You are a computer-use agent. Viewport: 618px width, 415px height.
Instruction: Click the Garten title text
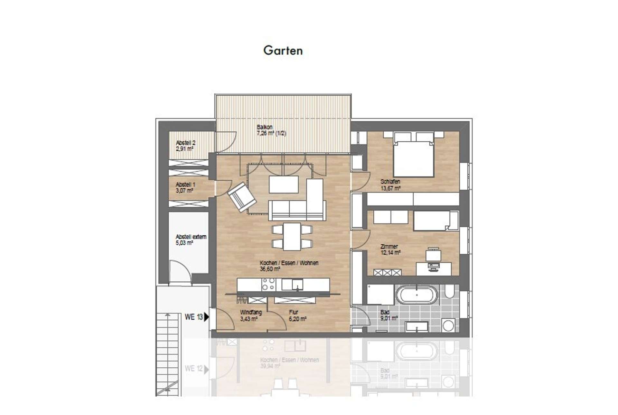point(283,51)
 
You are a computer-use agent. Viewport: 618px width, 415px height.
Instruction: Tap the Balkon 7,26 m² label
point(271,130)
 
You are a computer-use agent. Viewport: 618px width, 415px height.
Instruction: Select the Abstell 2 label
point(185,146)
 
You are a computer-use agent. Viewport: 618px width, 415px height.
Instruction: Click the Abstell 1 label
point(185,187)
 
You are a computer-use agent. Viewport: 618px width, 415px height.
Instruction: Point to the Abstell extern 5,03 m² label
point(191,240)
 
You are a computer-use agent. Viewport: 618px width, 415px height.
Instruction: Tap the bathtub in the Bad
point(417,295)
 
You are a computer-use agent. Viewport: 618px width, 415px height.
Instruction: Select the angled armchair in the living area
point(242,197)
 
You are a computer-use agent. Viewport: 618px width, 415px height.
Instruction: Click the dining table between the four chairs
point(292,236)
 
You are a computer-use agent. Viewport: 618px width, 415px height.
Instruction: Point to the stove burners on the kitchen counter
point(268,284)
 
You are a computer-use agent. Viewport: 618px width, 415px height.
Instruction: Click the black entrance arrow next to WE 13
point(207,317)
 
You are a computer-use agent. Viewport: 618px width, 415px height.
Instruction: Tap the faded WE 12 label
point(193,368)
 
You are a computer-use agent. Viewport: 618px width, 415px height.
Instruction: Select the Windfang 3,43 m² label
point(250,316)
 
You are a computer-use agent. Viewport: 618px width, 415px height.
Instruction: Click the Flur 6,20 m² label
point(297,316)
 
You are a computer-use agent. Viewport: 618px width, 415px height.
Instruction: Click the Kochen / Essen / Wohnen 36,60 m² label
point(288,266)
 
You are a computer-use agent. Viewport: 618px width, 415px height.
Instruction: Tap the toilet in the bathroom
point(449,292)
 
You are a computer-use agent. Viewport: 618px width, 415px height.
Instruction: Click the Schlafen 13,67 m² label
point(390,185)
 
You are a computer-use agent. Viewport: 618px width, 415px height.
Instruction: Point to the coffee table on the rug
point(283,184)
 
